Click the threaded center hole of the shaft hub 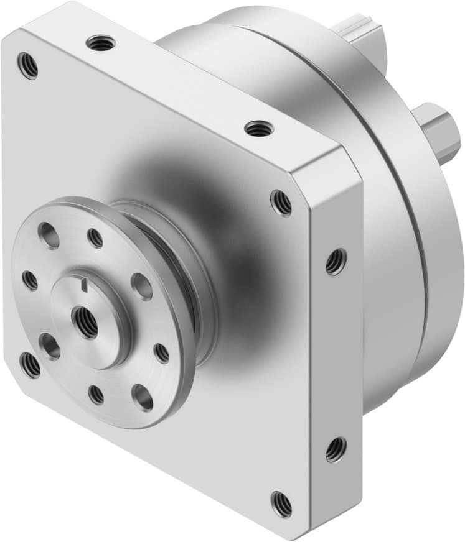click(x=85, y=323)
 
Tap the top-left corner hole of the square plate click(x=27, y=65)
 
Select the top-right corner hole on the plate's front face click(x=281, y=203)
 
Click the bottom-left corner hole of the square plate click(x=29, y=365)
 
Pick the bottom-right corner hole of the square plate click(x=281, y=503)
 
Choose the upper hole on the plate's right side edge click(x=336, y=261)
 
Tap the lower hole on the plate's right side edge click(x=336, y=449)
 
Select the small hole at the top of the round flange click(x=95, y=237)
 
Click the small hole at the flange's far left click(x=30, y=280)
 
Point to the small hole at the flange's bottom click(x=96, y=394)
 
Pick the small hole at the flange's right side click(x=161, y=353)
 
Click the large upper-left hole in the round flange click(x=48, y=235)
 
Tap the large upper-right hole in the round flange click(x=142, y=286)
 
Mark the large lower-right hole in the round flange click(x=143, y=397)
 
